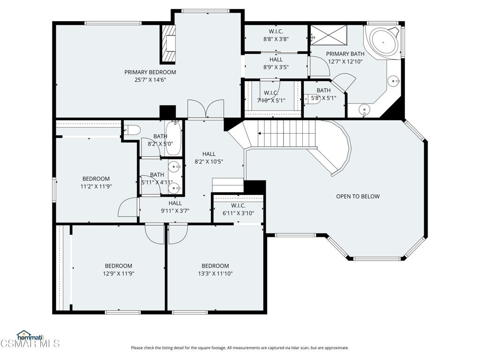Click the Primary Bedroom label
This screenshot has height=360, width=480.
tap(150, 72)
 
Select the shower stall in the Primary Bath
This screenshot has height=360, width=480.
tap(329, 34)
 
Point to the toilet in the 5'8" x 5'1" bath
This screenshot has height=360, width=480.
tap(312, 99)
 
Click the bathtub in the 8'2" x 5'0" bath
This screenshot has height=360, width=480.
tap(173, 138)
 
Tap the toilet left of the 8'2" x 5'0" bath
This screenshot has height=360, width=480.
tap(132, 130)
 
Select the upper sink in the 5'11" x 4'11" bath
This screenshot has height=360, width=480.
tap(175, 167)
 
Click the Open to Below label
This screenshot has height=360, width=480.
tap(358, 196)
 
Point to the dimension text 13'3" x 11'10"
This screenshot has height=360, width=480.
tap(215, 274)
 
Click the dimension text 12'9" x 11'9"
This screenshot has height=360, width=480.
tap(119, 274)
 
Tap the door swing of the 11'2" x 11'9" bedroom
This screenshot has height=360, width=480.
tap(128, 207)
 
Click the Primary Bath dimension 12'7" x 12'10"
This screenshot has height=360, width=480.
tap(345, 61)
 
